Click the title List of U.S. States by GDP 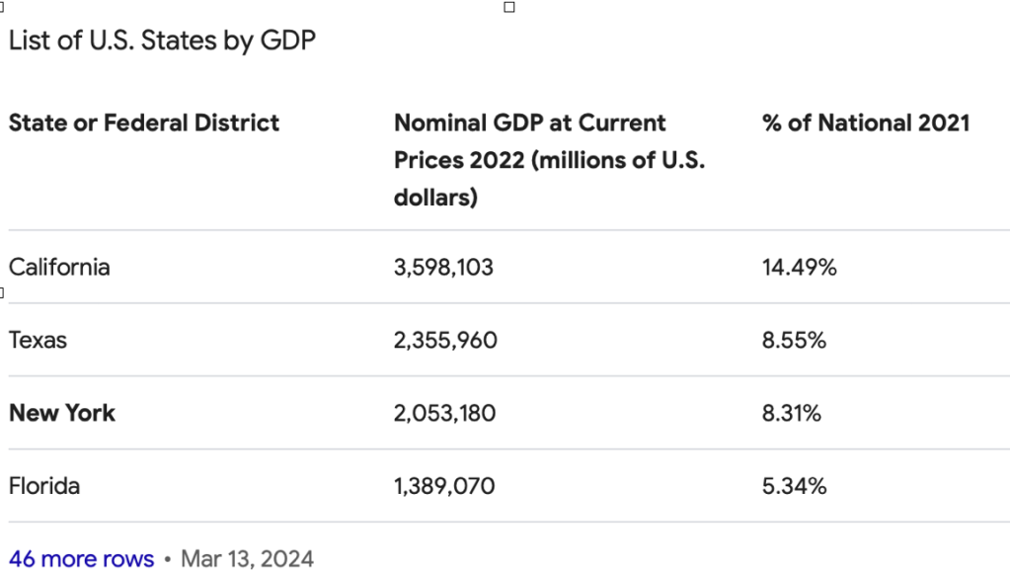tap(162, 41)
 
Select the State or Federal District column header tap(144, 122)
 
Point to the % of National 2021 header tap(866, 122)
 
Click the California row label tap(59, 267)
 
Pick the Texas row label tap(38, 340)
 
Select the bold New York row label tap(62, 413)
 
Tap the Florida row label tap(44, 486)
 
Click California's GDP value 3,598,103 tap(443, 267)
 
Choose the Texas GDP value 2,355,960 tap(445, 340)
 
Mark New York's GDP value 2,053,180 tap(444, 413)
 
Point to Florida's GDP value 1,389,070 tap(444, 486)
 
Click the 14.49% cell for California tap(799, 267)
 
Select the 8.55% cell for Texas tap(794, 340)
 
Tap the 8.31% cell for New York tap(792, 413)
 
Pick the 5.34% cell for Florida tap(794, 486)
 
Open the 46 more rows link tap(81, 559)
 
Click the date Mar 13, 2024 tap(247, 559)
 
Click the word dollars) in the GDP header tap(435, 197)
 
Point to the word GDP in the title tap(287, 41)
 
